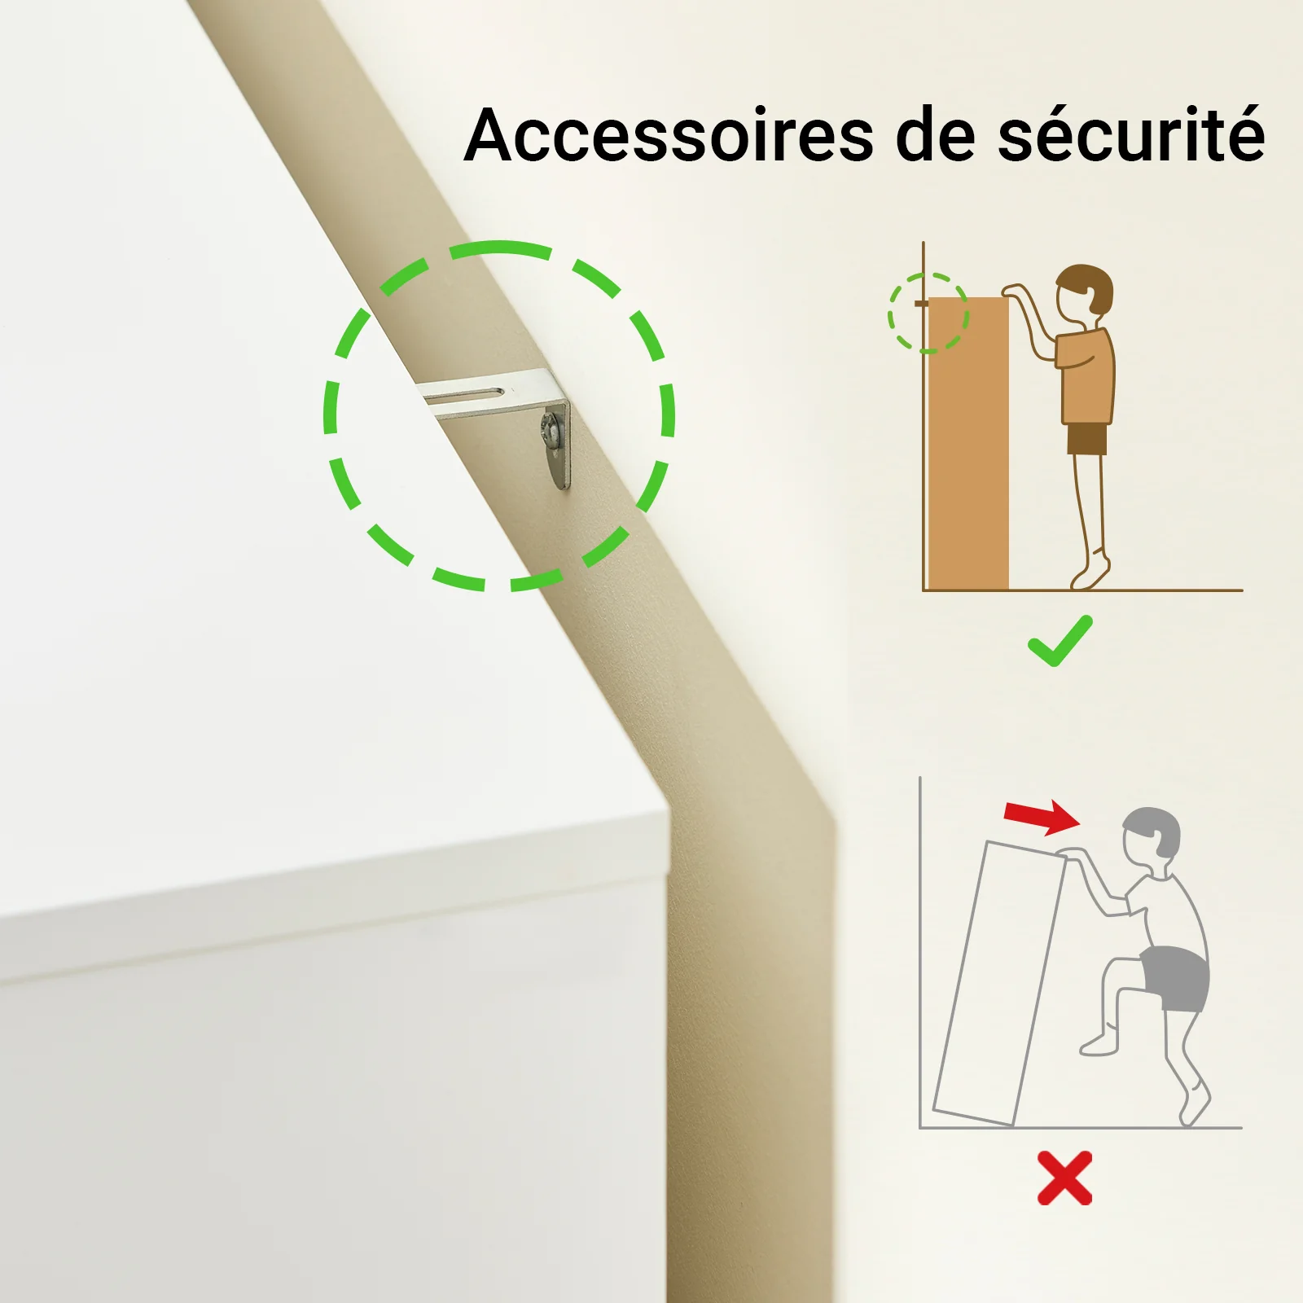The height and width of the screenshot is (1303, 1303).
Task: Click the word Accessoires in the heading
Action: point(669,135)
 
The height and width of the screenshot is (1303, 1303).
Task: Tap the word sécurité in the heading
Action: point(1132,134)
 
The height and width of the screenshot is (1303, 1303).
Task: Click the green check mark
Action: point(1060,642)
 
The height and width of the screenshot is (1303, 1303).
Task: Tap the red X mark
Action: point(1064,1178)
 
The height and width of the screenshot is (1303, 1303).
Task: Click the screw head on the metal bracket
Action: point(551,430)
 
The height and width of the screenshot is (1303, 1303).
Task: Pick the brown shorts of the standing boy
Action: point(1087,439)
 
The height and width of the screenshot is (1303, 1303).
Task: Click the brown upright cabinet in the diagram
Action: point(968,443)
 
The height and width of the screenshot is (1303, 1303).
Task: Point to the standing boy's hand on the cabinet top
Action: point(1012,292)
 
